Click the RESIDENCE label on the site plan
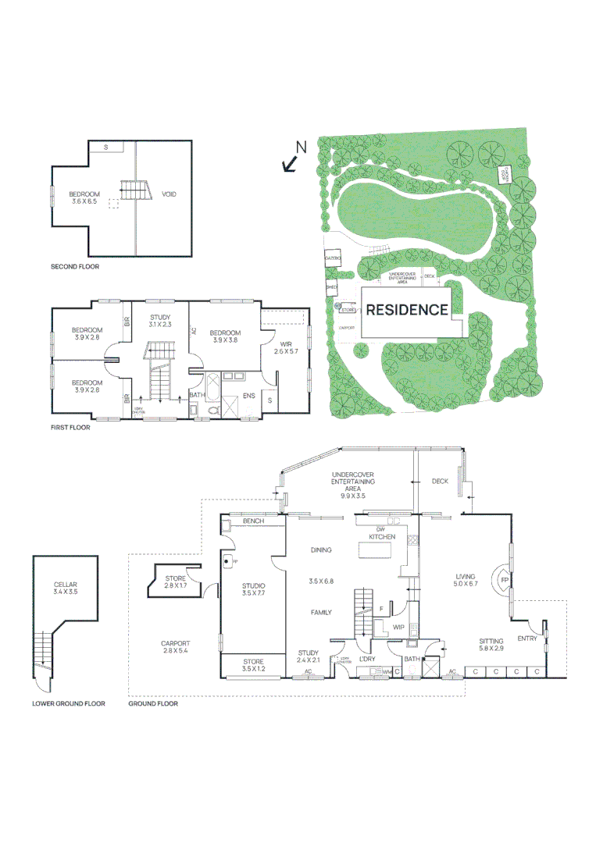[407, 310]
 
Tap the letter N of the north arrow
[302, 146]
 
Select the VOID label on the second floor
[169, 194]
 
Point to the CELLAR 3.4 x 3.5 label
[66, 588]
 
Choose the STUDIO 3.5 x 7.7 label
[253, 590]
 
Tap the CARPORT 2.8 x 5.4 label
[176, 646]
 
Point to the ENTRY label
[527, 638]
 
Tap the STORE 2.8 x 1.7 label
[176, 582]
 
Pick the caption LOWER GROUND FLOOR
[69, 703]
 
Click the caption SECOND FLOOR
[75, 266]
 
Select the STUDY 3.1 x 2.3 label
[160, 321]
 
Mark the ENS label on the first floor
[248, 396]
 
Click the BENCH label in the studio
[253, 521]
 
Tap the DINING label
[321, 550]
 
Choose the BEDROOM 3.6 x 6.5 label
[84, 197]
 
